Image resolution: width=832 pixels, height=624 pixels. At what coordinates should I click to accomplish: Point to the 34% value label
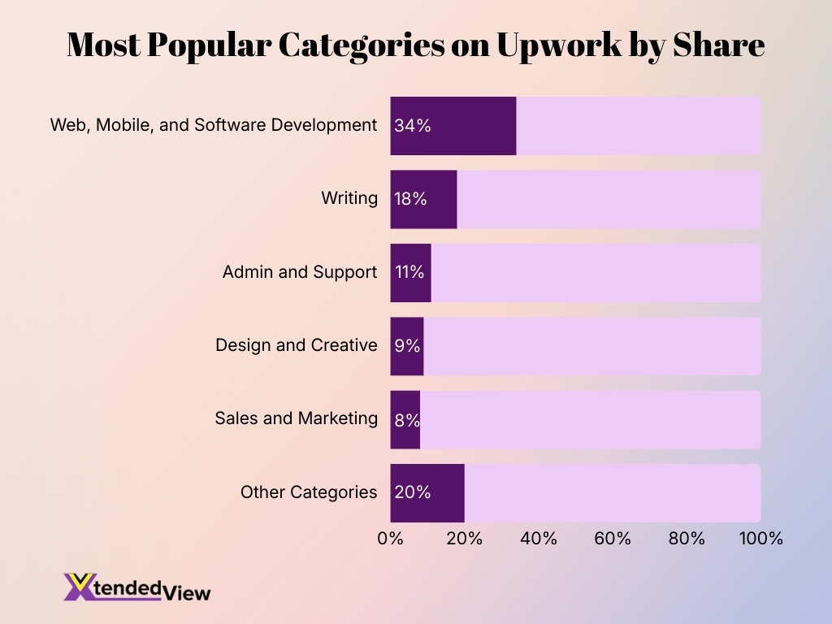click(x=412, y=126)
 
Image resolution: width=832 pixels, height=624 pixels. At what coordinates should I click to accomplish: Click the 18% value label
click(x=410, y=199)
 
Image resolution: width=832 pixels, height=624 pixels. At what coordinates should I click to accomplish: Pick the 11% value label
click(x=409, y=272)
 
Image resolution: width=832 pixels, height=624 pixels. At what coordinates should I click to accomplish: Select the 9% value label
click(x=407, y=346)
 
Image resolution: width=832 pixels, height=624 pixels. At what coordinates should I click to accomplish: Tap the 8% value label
click(x=407, y=419)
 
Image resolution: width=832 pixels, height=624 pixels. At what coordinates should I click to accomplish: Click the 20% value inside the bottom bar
click(x=412, y=492)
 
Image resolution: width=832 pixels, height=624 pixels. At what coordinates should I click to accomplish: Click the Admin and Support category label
click(x=300, y=272)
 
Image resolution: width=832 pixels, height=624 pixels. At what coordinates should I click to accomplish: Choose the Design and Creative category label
click(x=296, y=345)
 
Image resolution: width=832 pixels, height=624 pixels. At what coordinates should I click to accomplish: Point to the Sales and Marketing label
click(x=296, y=418)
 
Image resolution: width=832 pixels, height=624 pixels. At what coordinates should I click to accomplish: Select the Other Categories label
click(x=309, y=492)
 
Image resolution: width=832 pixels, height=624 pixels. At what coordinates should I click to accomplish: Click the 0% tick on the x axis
click(x=391, y=538)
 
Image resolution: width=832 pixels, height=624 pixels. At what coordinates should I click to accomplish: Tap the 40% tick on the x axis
click(x=539, y=538)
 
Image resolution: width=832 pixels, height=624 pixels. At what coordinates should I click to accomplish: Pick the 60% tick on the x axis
click(x=613, y=538)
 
